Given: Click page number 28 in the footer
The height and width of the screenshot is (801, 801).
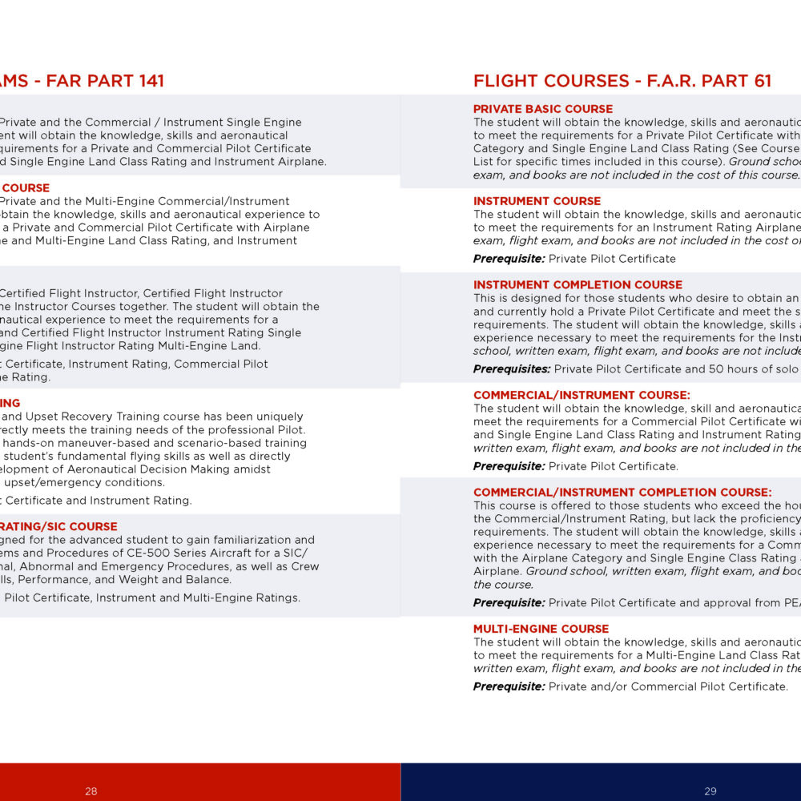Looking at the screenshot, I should (x=91, y=791).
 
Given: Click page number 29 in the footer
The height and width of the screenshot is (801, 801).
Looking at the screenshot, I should (x=710, y=791).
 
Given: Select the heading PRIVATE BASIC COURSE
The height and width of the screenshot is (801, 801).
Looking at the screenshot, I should (x=543, y=109).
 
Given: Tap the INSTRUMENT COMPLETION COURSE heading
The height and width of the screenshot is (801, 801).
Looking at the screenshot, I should (x=578, y=284).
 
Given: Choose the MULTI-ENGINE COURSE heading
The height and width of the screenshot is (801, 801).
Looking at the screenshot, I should (x=541, y=629).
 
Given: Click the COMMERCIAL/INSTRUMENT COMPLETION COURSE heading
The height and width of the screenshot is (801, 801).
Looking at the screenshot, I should (x=622, y=493).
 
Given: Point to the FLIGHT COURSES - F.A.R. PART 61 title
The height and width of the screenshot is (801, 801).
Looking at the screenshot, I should (x=622, y=81).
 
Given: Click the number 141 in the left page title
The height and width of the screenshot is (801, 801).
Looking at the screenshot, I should (x=148, y=81).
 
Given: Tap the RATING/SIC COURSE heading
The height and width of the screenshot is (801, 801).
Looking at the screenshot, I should (x=59, y=526).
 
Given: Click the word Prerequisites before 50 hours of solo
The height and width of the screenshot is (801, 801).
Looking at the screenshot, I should (x=511, y=369).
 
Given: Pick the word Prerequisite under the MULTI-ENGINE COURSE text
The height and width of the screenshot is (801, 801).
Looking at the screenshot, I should (x=509, y=686).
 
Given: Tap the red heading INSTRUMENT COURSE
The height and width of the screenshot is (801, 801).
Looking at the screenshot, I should (x=537, y=201).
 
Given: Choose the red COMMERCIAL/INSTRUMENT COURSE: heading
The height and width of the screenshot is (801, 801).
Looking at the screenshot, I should (x=582, y=395).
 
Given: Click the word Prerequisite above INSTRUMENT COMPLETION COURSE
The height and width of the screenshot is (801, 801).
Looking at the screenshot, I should (x=509, y=259).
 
